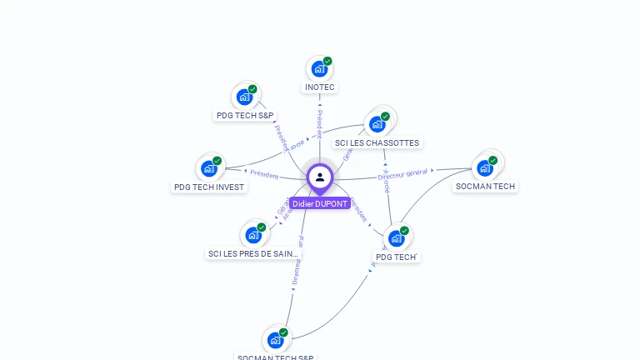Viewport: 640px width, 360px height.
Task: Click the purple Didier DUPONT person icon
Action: pyautogui.click(x=320, y=177)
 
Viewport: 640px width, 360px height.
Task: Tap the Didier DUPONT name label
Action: pyautogui.click(x=320, y=203)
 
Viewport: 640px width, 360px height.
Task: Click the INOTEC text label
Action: pyautogui.click(x=320, y=87)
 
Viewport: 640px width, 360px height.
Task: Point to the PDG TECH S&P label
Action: pyautogui.click(x=245, y=116)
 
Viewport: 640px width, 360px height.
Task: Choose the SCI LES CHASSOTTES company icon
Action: pyautogui.click(x=377, y=124)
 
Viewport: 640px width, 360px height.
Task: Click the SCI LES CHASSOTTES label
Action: pyautogui.click(x=377, y=142)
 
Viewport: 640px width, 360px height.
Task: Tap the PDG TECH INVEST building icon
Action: pyautogui.click(x=208, y=168)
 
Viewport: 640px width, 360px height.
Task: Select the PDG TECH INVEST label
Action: pyautogui.click(x=209, y=187)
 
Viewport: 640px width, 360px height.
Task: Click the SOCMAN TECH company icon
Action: pyautogui.click(x=484, y=167)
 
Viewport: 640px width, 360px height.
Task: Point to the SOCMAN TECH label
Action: pyautogui.click(x=485, y=186)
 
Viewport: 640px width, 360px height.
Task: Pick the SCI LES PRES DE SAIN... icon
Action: pyautogui.click(x=252, y=235)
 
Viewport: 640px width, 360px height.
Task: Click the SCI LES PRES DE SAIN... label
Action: pyautogui.click(x=253, y=253)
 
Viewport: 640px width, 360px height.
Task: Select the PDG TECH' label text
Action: pyautogui.click(x=396, y=257)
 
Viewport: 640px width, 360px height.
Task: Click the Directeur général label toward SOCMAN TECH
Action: pyautogui.click(x=402, y=173)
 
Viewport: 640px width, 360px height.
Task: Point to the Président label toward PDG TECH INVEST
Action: pyautogui.click(x=264, y=174)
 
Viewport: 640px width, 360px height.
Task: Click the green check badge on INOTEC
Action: pyautogui.click(x=327, y=61)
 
